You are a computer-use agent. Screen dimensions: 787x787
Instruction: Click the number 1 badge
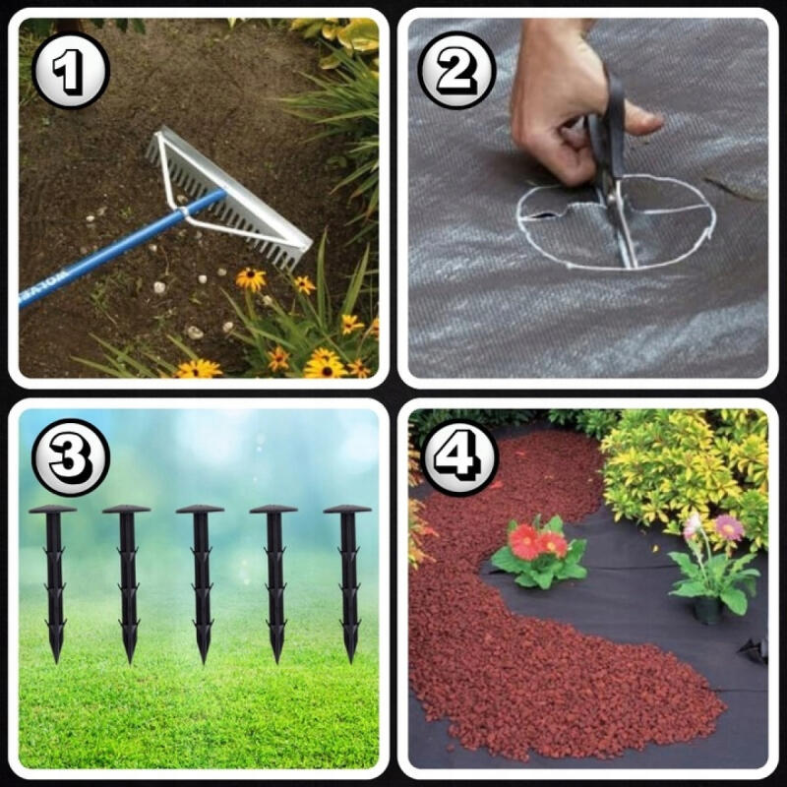click(71, 71)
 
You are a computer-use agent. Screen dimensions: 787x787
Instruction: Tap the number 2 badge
click(456, 71)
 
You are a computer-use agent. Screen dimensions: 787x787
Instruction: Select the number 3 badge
click(71, 457)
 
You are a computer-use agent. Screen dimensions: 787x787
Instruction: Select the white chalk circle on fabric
click(615, 221)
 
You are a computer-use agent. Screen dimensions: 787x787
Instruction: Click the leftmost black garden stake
click(53, 582)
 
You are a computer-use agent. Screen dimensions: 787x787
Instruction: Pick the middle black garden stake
click(201, 582)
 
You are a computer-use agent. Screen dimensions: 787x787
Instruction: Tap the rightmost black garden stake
click(348, 582)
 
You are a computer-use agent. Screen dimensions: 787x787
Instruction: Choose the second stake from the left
click(127, 582)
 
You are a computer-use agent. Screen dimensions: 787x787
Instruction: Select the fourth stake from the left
click(274, 582)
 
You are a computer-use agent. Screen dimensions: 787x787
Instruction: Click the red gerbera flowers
click(537, 543)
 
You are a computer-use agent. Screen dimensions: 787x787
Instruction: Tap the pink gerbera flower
click(728, 527)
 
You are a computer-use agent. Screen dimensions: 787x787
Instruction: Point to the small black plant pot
click(707, 611)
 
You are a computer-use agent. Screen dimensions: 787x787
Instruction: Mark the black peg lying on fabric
click(754, 649)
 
